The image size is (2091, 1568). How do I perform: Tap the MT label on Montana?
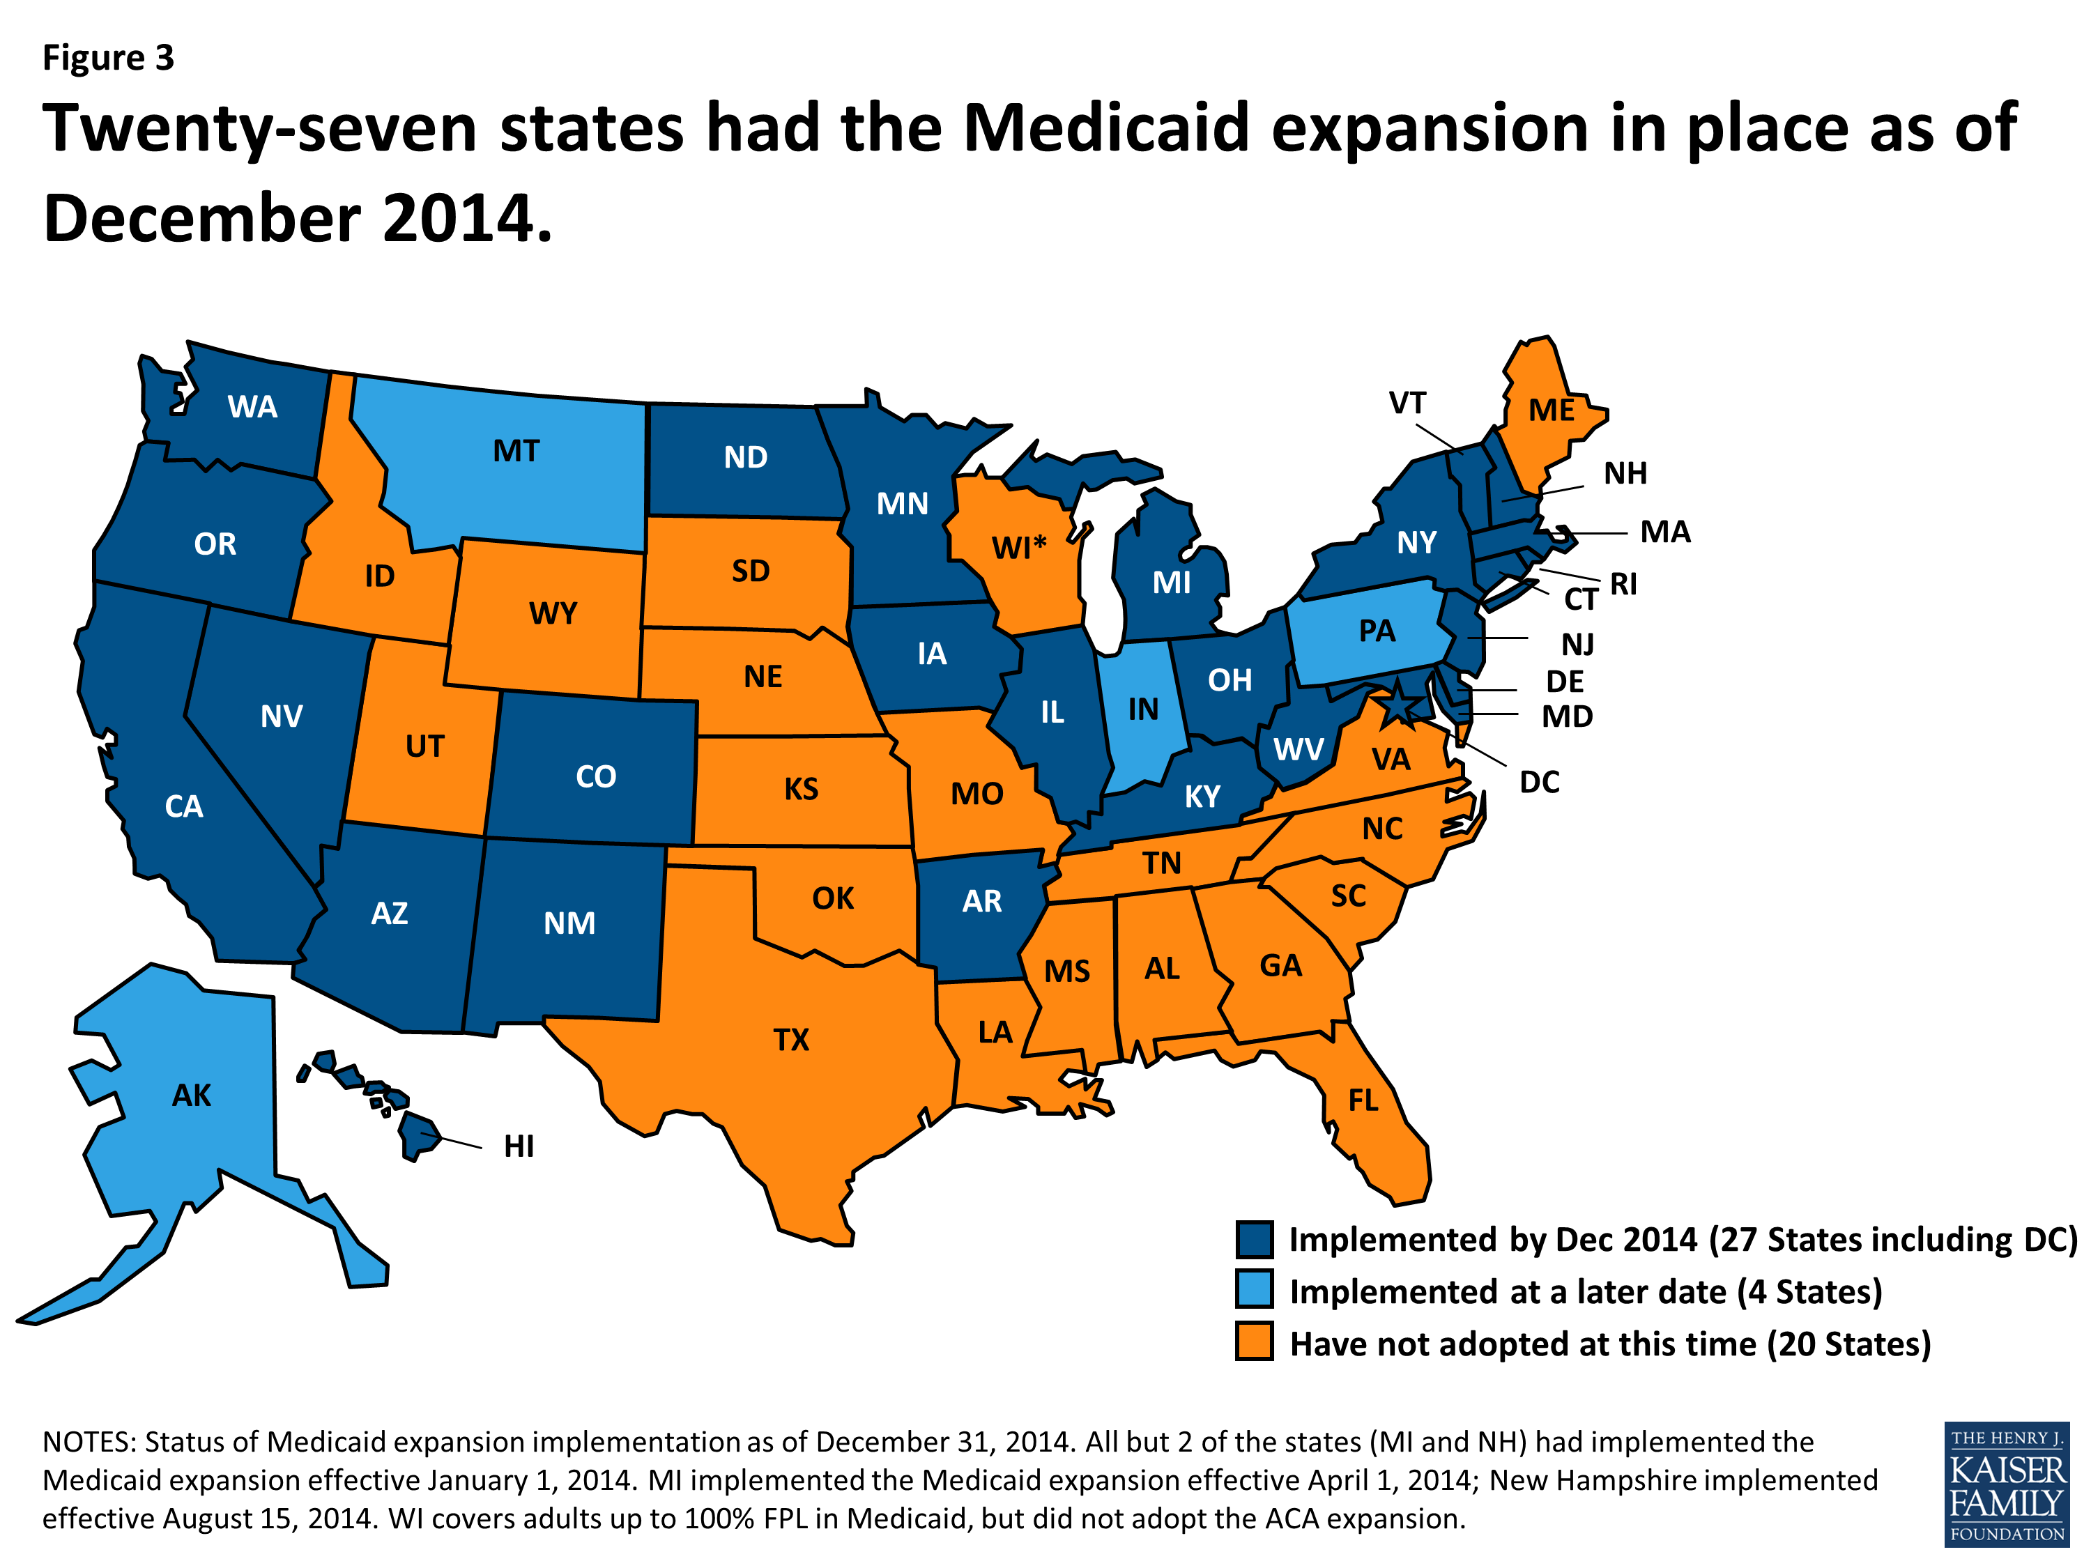click(x=516, y=452)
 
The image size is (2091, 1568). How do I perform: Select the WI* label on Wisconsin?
click(x=1019, y=547)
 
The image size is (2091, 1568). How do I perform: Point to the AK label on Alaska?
click(x=192, y=1096)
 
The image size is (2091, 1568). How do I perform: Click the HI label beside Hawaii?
click(x=519, y=1146)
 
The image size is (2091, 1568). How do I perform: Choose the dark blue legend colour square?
click(x=1255, y=1239)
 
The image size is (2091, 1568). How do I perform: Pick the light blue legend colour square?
click(x=1255, y=1291)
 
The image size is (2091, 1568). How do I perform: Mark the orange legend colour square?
click(x=1255, y=1343)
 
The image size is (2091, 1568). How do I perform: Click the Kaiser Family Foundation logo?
click(x=2006, y=1485)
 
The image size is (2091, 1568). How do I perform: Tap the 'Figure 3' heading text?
click(x=109, y=59)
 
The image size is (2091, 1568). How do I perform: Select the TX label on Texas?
click(x=791, y=1040)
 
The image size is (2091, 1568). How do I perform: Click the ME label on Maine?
click(x=1552, y=411)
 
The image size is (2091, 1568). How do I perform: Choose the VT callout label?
click(x=1407, y=403)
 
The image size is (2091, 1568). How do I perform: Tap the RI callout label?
click(x=1623, y=585)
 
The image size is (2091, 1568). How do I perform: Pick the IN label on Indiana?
click(x=1143, y=710)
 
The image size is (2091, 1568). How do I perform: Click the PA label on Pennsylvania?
click(x=1377, y=631)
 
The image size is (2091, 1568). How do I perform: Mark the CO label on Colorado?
click(x=595, y=777)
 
